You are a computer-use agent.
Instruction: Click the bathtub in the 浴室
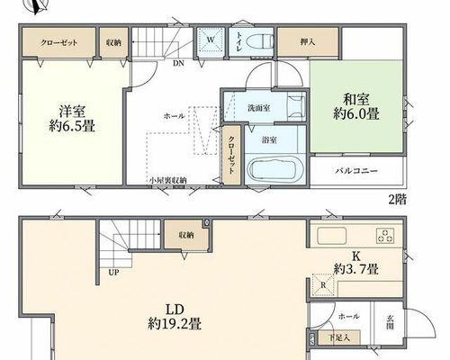click(275, 169)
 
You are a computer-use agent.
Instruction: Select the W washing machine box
click(211, 40)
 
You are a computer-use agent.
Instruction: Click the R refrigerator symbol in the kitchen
click(323, 284)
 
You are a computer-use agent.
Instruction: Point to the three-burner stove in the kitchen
click(385, 235)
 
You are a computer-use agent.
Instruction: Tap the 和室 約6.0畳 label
click(356, 107)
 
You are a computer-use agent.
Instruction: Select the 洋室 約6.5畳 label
click(72, 119)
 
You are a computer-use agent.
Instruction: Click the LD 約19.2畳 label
click(175, 317)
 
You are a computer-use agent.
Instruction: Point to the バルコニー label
click(356, 171)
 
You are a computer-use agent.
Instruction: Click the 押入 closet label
click(308, 41)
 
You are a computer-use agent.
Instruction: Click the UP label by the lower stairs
click(113, 273)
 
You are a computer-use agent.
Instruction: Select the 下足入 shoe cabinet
click(339, 337)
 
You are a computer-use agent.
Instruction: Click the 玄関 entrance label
click(391, 322)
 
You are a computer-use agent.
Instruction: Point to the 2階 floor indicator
click(398, 199)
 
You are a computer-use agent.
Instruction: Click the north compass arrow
click(39, 6)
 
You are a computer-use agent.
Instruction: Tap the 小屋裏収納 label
click(168, 181)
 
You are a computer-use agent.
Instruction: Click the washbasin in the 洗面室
click(296, 106)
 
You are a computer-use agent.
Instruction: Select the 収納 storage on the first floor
click(186, 236)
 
